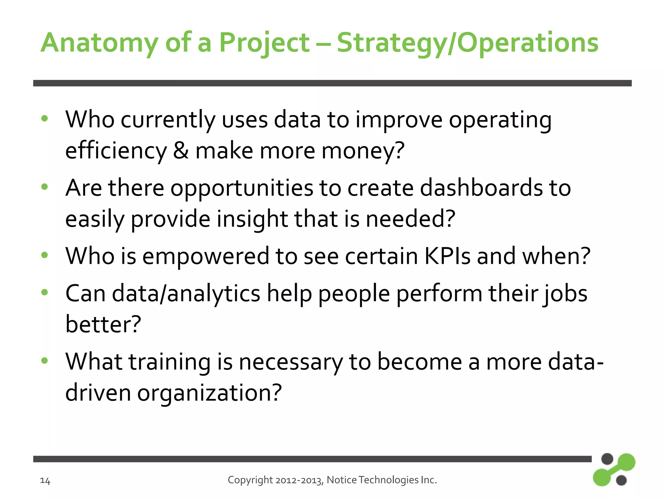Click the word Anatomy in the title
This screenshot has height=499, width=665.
(x=99, y=43)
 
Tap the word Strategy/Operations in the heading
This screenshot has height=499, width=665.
(x=468, y=43)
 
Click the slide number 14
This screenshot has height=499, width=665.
(x=45, y=480)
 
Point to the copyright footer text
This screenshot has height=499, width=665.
(x=332, y=480)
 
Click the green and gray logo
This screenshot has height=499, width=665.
(x=614, y=469)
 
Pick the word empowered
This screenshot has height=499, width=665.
(x=206, y=256)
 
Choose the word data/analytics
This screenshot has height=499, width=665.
(x=186, y=293)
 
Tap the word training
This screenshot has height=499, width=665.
(x=170, y=362)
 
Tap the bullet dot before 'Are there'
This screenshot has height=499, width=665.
(x=45, y=187)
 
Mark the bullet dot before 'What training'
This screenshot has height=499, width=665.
(x=45, y=360)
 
